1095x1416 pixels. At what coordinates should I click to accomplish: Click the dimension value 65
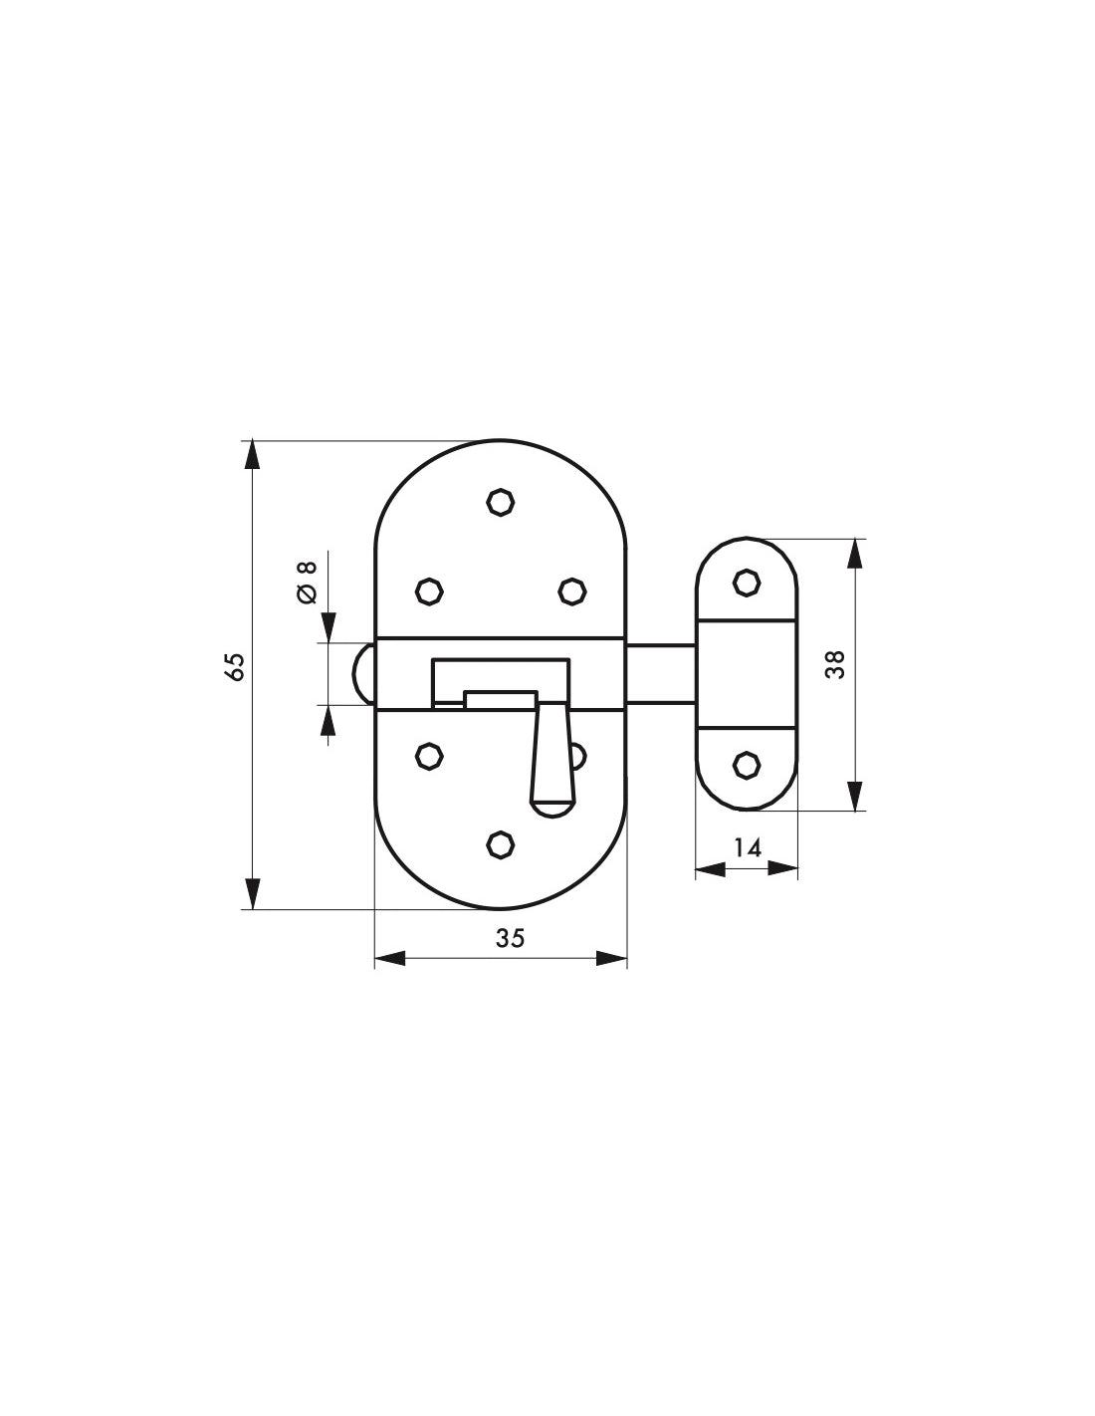(236, 666)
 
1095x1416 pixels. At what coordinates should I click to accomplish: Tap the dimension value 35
(510, 938)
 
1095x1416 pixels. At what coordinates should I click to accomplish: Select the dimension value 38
(835, 664)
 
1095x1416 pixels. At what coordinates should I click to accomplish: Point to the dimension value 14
(748, 847)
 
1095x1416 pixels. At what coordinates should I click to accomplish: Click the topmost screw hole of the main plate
(501, 502)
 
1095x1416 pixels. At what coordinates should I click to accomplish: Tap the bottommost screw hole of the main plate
(501, 844)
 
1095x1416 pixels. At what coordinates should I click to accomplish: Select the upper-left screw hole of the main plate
(429, 591)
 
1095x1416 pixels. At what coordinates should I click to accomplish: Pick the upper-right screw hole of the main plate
(572, 591)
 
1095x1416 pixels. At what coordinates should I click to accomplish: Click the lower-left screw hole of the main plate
(429, 756)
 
